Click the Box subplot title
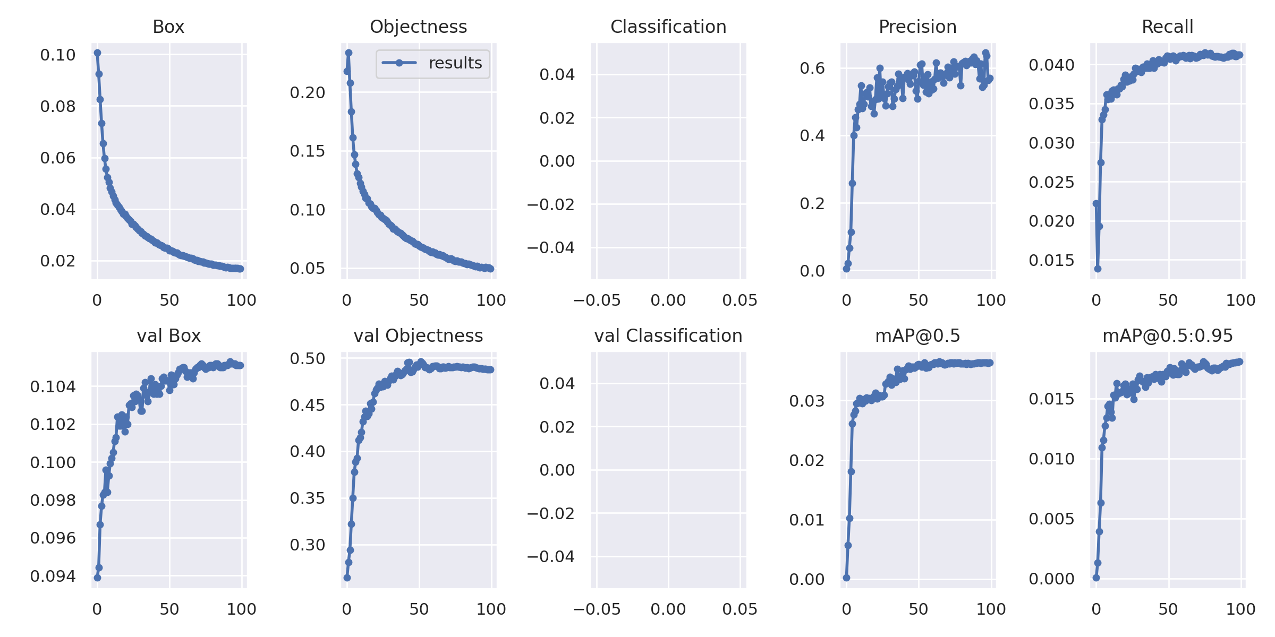(168, 27)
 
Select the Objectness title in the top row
(419, 27)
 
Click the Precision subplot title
(917, 27)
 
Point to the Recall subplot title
(1168, 27)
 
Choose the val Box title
(168, 335)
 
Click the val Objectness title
(419, 336)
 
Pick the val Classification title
(668, 335)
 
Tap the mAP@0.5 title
(917, 335)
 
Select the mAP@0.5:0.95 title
(1168, 335)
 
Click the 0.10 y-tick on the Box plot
(58, 55)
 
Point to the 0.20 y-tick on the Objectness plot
(308, 93)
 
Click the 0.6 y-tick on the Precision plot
(812, 68)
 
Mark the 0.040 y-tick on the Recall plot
(1051, 65)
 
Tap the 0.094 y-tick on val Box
(53, 576)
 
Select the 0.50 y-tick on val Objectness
(308, 359)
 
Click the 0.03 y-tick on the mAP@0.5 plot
(807, 401)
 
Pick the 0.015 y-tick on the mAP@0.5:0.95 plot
(1051, 399)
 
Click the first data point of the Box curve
(97, 53)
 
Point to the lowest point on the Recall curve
(1098, 269)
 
